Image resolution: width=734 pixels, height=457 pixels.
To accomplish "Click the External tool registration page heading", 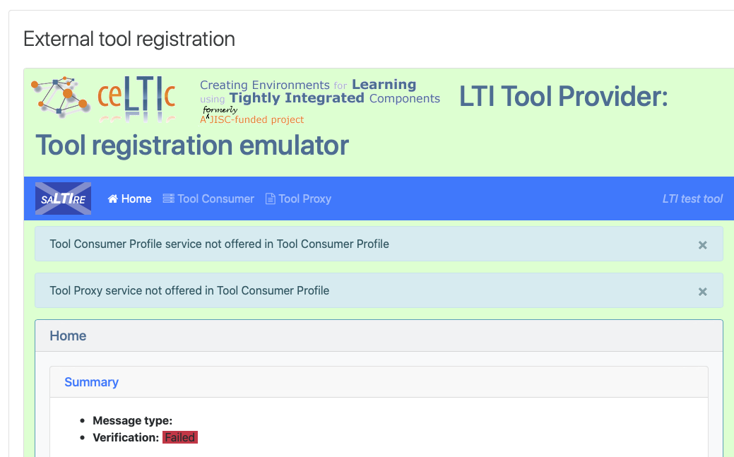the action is (x=129, y=39).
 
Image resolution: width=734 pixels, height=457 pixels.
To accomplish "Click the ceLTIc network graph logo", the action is (x=60, y=95).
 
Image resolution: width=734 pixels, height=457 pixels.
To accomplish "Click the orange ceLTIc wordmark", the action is (x=136, y=95).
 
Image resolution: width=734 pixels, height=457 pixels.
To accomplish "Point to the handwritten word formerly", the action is (x=220, y=110).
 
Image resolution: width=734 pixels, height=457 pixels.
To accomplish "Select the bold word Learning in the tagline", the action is (x=384, y=84).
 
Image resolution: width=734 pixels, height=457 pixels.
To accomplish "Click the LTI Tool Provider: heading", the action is (x=563, y=96).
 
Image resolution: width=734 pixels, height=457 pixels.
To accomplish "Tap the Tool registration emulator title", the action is (x=192, y=146).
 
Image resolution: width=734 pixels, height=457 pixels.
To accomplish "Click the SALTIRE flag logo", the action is (x=63, y=198).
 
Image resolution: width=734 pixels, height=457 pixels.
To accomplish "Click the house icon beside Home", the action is (x=113, y=198).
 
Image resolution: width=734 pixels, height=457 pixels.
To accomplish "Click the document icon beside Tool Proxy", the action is (x=270, y=198).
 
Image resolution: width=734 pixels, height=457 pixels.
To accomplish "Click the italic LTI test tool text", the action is (x=692, y=198).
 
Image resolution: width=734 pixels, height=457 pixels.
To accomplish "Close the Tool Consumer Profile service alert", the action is (x=703, y=245).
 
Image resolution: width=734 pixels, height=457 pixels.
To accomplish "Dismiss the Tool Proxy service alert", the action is (x=703, y=292).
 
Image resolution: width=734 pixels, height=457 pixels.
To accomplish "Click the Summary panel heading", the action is (x=91, y=382).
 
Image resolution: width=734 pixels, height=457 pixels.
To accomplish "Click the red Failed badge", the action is (x=180, y=437).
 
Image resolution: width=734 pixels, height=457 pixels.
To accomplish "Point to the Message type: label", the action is (x=133, y=420).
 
